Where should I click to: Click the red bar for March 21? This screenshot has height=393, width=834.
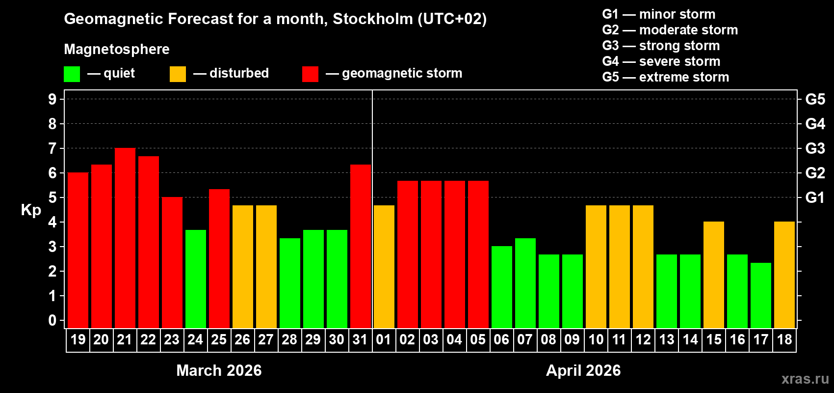pos(125,238)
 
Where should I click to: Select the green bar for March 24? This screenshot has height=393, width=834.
pos(196,279)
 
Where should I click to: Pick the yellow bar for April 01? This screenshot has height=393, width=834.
pos(384,267)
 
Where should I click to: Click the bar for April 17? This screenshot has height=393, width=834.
pos(761,295)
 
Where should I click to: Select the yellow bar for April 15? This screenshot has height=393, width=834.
pos(714,275)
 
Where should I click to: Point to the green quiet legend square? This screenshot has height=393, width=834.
pos(72,74)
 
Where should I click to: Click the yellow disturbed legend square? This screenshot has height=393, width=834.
pos(178,74)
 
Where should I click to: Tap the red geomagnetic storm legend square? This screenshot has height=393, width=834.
pos(310,74)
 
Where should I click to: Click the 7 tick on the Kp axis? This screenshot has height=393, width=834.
pos(52,148)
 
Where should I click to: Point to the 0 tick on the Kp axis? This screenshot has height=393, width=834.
pos(52,321)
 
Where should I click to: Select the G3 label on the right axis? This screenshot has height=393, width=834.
pos(815,148)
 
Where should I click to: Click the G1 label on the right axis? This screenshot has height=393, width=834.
pos(815,197)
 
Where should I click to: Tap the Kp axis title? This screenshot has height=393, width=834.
pos(31,210)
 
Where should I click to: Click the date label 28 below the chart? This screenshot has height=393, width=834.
pos(289,339)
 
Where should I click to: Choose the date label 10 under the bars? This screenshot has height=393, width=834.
pos(596,339)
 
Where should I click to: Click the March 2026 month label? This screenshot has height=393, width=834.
pos(219,370)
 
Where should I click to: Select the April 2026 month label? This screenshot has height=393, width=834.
pos(583,370)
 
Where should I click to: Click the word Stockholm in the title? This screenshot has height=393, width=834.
pos(373,19)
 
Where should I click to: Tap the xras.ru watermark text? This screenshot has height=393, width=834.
pos(805,379)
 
